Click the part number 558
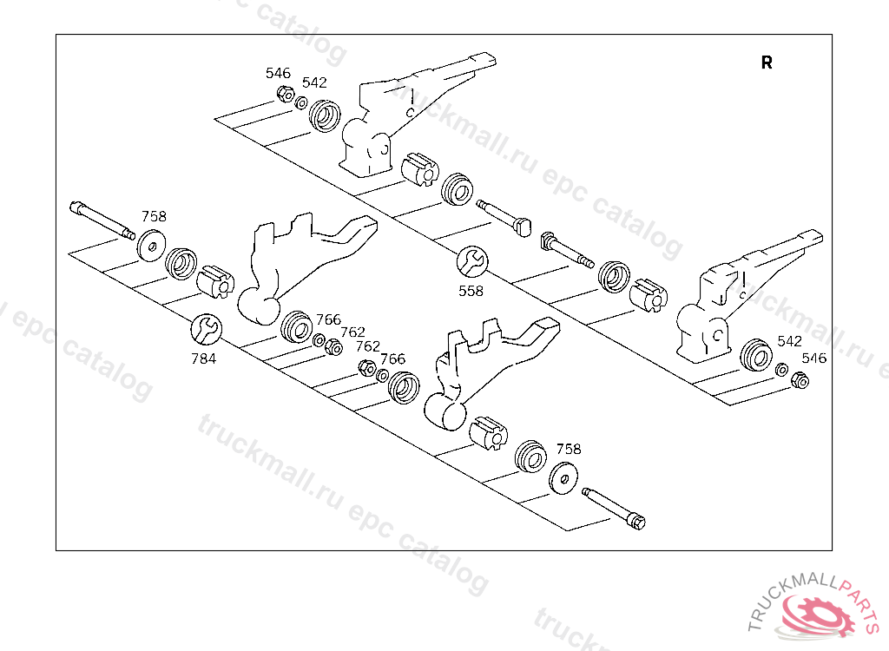coord(471,292)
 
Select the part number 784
coord(203,358)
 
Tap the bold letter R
coord(767,62)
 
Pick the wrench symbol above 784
coord(206,327)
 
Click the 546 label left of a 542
coord(278,73)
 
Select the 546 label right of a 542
coord(814,358)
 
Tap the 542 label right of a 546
coord(314,82)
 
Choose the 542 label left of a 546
coord(789,341)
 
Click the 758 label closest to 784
coord(154,217)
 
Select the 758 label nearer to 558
coord(569,449)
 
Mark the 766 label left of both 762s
coord(328,319)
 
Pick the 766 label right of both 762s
coord(392,358)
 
